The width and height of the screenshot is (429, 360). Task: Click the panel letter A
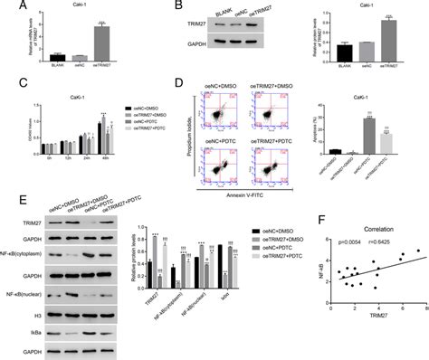7,7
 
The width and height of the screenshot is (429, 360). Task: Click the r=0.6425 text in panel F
371,244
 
